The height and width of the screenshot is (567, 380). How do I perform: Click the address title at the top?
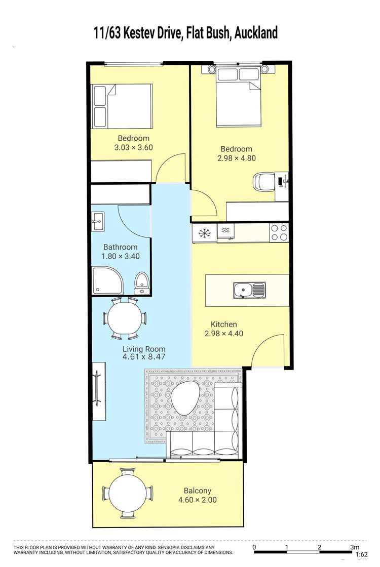point(186,33)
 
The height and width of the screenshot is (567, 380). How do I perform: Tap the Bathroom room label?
point(121,247)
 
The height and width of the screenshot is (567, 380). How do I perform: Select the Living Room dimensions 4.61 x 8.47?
point(144,357)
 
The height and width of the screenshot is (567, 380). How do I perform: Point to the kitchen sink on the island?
point(249,291)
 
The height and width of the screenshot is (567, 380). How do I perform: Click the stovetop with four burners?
point(279,233)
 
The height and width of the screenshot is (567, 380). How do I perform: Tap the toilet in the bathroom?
point(142,281)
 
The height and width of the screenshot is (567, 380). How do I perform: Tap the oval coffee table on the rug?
point(186,399)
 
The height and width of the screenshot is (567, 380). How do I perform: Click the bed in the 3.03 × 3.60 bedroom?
point(122,105)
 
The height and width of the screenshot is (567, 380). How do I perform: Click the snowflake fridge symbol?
point(205,233)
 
